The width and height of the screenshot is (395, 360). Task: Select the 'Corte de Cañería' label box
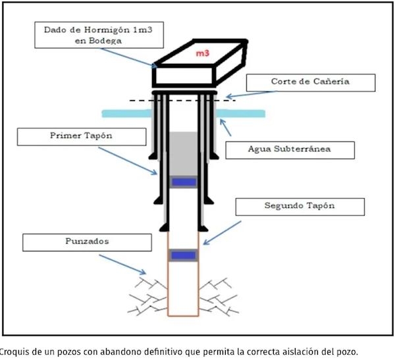click(x=311, y=83)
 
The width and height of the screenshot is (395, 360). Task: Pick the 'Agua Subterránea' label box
click(x=290, y=149)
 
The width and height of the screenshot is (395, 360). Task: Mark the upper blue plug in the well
click(x=184, y=182)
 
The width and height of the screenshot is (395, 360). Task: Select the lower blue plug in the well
click(x=184, y=255)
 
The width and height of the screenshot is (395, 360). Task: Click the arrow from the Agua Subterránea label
click(x=232, y=128)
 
